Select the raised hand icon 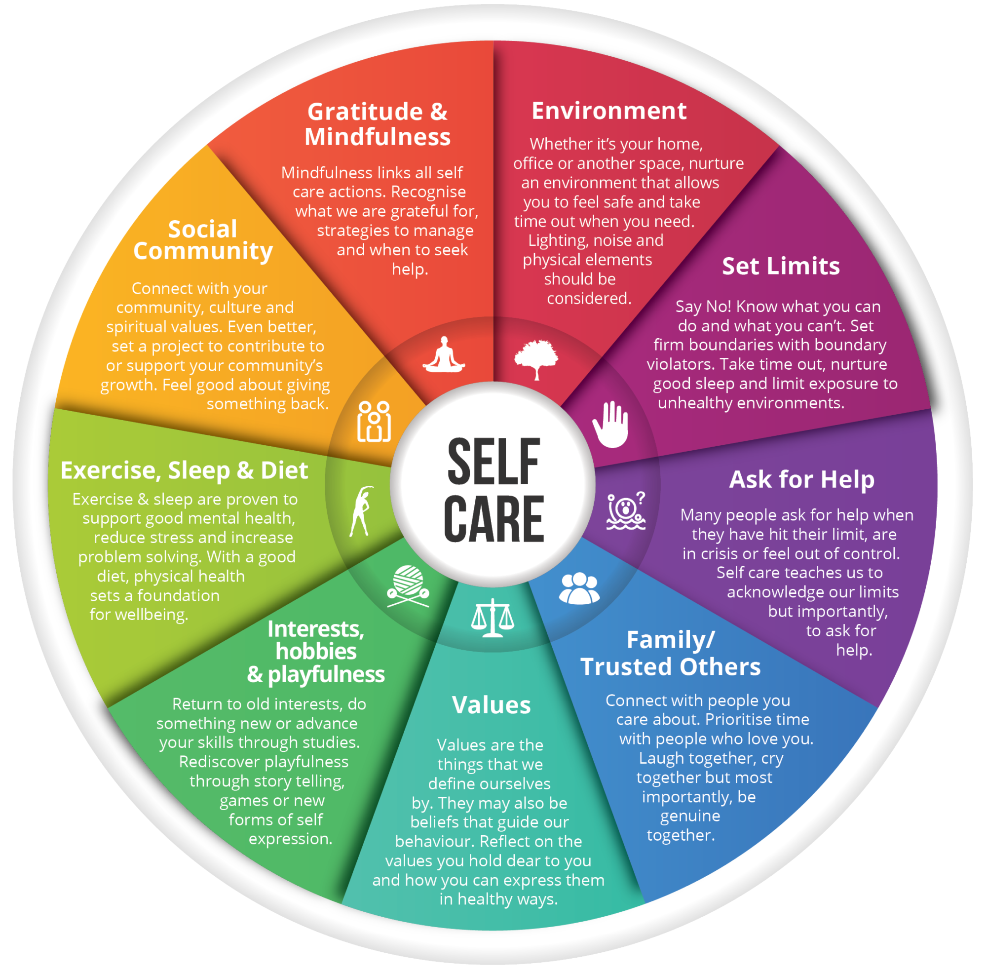coord(610,424)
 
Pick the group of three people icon coord(579,589)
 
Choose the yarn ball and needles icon coord(408,585)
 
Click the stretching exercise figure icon coord(361,510)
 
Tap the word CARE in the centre coord(493,519)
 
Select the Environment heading coord(609,111)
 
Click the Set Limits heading coord(780,266)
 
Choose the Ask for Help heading coord(801,479)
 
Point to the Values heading coord(491,705)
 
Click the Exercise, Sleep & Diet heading coord(184,470)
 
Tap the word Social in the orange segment coord(202,229)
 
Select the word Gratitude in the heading coord(365,112)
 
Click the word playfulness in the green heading coord(326,674)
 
